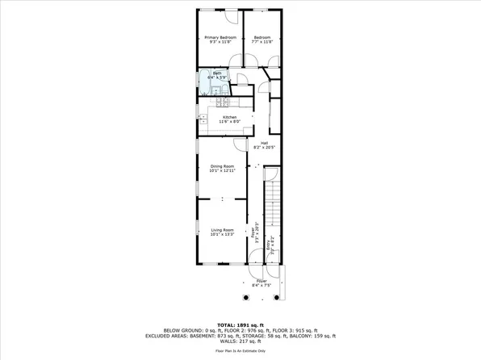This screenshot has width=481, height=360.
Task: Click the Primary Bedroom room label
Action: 220,38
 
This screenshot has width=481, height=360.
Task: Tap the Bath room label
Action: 216,73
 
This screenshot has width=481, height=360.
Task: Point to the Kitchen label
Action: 230,117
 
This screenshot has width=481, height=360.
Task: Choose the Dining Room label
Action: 222,166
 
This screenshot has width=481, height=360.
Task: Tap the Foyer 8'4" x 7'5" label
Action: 261,282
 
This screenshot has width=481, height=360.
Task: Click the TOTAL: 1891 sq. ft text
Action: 240,324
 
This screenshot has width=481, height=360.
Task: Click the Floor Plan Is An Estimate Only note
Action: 240,353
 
